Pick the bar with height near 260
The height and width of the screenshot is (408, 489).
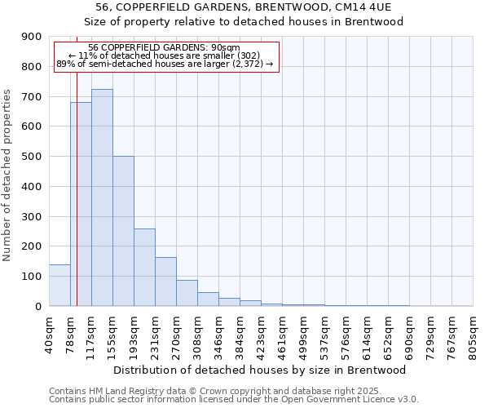pos(144,268)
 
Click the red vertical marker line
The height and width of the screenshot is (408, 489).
pos(77,188)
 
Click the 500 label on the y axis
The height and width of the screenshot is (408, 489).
pos(33,157)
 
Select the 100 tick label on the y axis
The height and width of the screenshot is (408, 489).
pos(33,277)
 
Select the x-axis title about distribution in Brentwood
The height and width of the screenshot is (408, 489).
pos(260,370)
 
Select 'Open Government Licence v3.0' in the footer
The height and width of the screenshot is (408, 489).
pos(351,399)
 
